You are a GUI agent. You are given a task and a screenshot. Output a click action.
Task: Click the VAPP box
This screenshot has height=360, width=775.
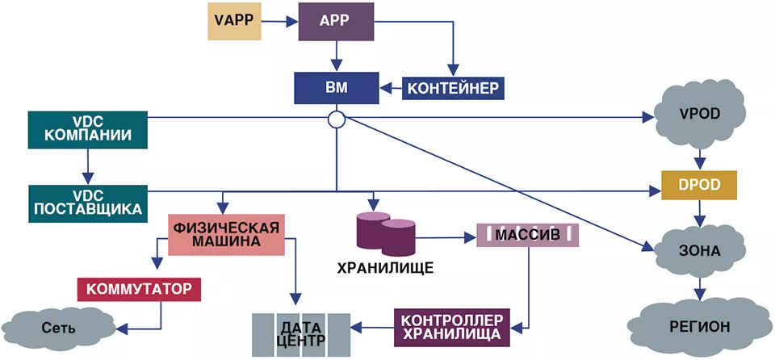coord(235,22)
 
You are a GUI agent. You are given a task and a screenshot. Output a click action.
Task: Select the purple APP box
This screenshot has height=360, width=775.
coord(336,22)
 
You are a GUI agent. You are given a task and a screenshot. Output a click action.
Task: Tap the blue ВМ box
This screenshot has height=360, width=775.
coord(336,88)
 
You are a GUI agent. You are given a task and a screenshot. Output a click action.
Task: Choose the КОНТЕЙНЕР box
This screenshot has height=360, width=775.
coord(453,87)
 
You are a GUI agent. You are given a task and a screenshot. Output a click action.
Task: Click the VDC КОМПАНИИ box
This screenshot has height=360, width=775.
coord(87,130)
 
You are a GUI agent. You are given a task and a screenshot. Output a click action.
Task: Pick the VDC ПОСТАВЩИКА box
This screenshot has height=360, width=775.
coord(87,202)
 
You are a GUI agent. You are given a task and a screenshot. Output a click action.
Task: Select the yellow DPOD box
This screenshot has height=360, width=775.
coord(698,186)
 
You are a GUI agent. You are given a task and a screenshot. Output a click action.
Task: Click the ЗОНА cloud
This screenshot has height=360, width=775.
coord(698,252)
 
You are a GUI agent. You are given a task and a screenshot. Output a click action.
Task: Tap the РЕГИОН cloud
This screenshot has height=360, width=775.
coord(698,326)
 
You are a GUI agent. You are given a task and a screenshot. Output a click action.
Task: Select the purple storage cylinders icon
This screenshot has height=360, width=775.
coord(386,232)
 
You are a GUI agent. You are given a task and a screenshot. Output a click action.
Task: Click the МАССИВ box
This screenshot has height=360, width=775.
coord(528,234)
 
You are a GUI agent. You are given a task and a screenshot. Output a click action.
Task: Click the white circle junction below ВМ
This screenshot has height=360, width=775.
coord(336,119)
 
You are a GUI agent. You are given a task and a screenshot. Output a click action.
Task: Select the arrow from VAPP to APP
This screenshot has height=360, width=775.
coord(279,22)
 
